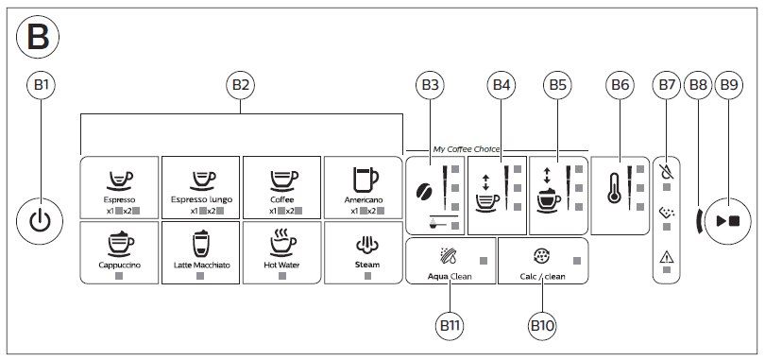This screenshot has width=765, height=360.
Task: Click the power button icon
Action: coord(40,221)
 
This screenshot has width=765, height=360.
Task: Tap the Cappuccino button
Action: coord(119,251)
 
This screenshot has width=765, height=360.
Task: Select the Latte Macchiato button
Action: coord(200,251)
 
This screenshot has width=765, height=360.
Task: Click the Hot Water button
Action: coord(281,251)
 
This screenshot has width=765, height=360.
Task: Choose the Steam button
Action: coord(364,251)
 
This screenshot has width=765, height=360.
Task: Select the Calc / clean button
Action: coord(542,262)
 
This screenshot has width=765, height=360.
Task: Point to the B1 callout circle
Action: coord(40,85)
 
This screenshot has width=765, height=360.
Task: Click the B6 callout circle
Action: coord(620,85)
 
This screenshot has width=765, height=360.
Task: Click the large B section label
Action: coord(38,37)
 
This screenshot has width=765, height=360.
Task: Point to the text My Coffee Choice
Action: coord(467,149)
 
